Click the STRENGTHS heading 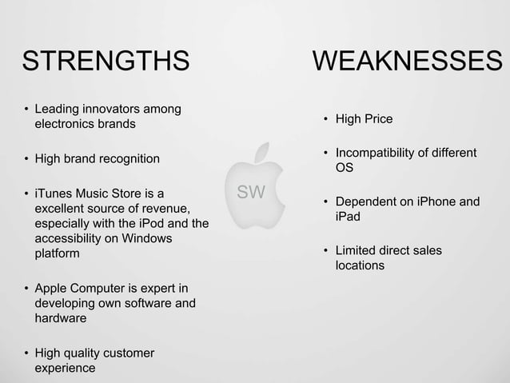[106, 62]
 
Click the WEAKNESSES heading [407, 62]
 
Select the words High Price [364, 120]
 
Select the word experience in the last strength [64, 369]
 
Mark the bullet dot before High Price [325, 121]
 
